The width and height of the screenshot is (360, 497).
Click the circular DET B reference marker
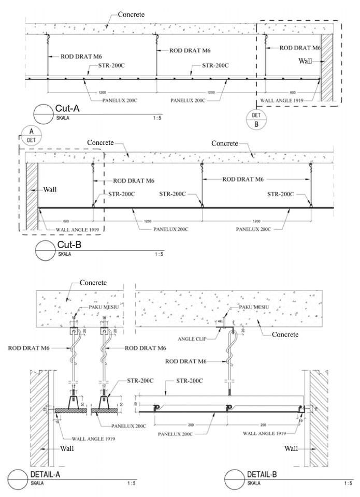[256, 119]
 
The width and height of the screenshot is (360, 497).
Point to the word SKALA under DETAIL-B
[256, 483]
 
